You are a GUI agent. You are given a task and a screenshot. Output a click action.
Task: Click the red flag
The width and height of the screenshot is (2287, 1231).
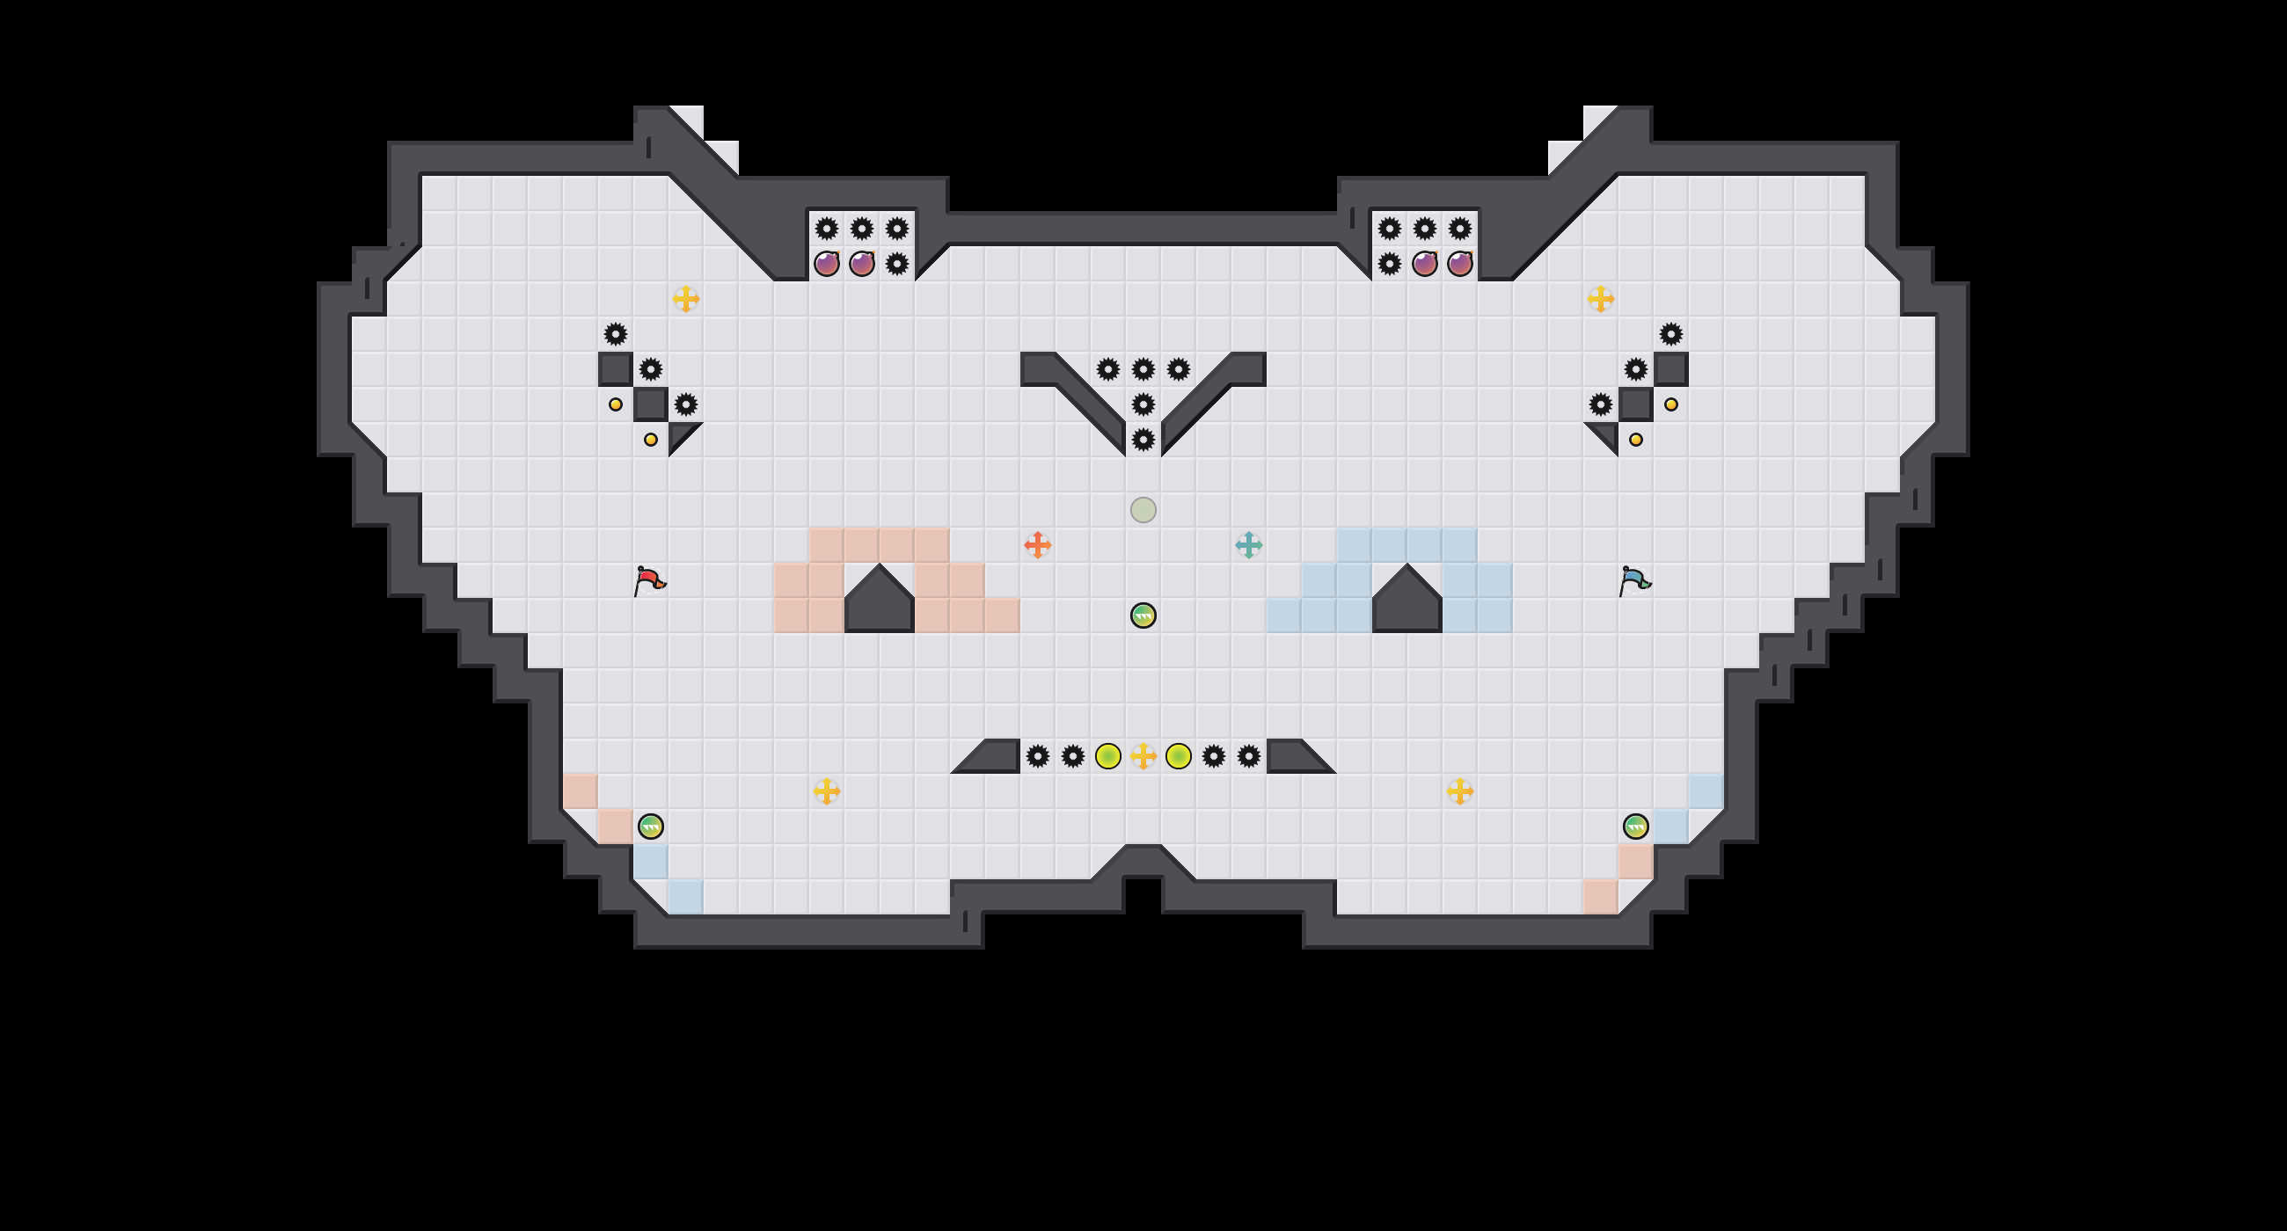click(649, 581)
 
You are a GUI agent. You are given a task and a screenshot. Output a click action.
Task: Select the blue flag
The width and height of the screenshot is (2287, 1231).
click(1633, 581)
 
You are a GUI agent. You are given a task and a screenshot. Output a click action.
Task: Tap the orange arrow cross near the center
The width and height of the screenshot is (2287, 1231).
click(1037, 545)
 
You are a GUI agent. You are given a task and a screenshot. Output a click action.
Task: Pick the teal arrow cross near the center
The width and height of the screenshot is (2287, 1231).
click(1248, 545)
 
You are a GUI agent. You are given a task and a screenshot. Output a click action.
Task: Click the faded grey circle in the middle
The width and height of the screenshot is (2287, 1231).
click(1143, 509)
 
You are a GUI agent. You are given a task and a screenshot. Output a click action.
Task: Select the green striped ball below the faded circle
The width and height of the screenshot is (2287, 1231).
click(1143, 615)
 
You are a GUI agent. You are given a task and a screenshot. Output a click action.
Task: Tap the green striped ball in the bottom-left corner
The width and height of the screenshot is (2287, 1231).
click(650, 827)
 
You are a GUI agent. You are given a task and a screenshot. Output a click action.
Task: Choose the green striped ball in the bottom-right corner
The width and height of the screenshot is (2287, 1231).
click(1635, 827)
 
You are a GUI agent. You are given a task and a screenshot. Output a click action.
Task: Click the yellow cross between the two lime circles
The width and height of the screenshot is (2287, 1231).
click(1143, 756)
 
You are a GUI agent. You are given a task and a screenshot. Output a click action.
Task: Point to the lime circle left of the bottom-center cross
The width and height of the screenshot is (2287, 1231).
click(1107, 756)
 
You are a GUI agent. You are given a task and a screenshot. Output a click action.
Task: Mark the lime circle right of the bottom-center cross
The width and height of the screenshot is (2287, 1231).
click(1178, 756)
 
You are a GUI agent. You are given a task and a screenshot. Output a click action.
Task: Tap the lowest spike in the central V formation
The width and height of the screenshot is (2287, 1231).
click(1143, 440)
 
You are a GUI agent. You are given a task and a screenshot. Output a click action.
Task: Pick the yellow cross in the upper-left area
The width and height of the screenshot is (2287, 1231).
click(685, 299)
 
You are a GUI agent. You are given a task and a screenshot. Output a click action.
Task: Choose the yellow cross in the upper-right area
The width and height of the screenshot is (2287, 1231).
click(1600, 299)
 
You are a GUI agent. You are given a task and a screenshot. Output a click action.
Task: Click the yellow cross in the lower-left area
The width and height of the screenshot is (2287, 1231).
click(827, 790)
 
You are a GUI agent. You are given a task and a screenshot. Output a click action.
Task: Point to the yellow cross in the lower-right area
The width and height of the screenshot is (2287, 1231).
click(1459, 790)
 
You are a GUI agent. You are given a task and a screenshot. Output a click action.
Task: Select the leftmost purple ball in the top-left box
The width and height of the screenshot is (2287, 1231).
click(827, 264)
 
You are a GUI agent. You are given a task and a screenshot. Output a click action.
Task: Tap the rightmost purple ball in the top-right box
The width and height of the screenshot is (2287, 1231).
click(1459, 264)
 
